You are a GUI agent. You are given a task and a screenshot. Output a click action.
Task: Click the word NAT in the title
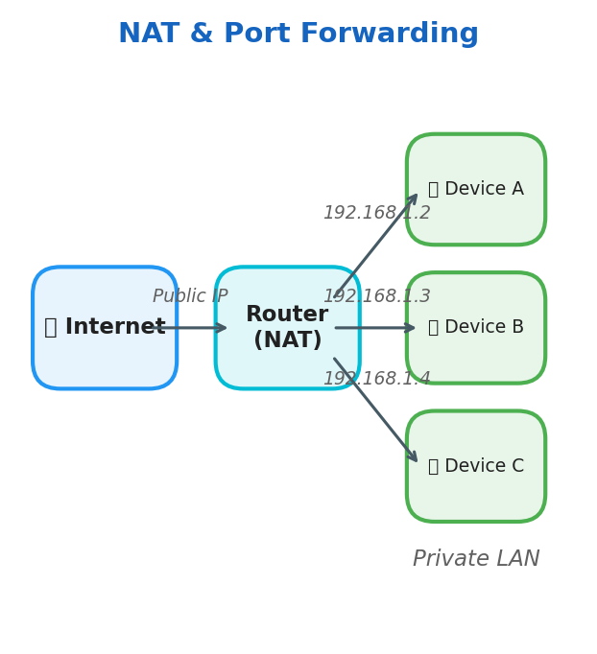point(149,35)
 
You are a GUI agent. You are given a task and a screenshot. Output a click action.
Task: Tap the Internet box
point(105,328)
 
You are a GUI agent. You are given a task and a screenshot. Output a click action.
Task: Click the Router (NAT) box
point(288,328)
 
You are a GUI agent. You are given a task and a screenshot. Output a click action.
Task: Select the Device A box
point(476,189)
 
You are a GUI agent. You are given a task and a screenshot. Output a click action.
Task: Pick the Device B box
point(476,328)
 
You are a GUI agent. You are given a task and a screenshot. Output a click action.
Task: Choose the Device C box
point(476,466)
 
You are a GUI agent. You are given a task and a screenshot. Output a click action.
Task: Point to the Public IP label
point(190,296)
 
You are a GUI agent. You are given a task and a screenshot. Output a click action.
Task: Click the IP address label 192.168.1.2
point(376,213)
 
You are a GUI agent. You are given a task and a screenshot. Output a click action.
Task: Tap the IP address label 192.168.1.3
point(376,296)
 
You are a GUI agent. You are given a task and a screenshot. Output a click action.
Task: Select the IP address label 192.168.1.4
point(376,379)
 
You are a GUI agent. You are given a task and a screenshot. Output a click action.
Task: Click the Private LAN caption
point(476,559)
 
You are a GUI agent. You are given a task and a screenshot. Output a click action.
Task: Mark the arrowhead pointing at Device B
point(411,328)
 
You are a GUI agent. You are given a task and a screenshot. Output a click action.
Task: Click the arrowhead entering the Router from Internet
point(222,328)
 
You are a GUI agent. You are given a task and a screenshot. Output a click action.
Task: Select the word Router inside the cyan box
point(287,315)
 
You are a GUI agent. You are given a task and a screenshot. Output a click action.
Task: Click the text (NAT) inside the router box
point(288,340)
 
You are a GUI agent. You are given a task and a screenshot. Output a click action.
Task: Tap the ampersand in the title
point(202,35)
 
